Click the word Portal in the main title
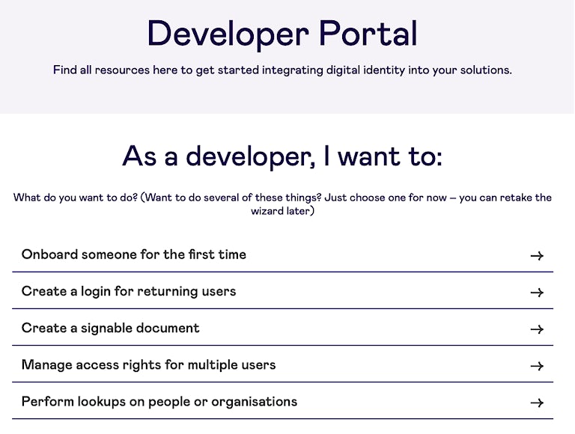368,33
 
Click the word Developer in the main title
228,35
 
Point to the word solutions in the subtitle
486,70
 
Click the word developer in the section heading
251,157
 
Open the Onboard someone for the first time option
134,254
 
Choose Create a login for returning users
129,291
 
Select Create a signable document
110,328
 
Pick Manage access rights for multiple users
148,365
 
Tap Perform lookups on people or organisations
159,402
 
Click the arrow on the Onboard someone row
538,255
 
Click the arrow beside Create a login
538,293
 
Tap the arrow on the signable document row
538,329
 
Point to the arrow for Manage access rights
538,366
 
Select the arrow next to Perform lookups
538,403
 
